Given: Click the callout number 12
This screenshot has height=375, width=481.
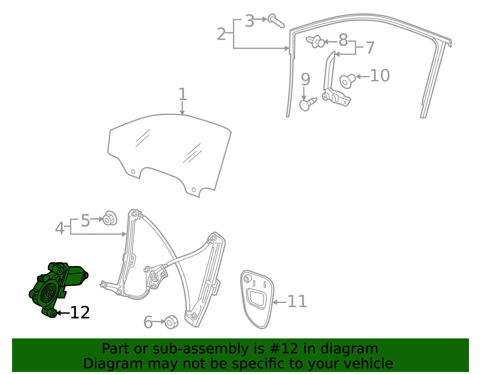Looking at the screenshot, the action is point(80,313).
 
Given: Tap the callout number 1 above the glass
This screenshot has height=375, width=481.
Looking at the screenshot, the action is point(182,94).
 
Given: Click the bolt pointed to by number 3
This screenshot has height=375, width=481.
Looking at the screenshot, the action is point(276,21).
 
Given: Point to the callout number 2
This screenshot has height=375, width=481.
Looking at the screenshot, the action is point(221,34).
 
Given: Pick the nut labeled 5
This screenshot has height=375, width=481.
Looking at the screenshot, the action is point(109,218).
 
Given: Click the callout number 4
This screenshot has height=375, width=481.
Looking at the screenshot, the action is point(60,228).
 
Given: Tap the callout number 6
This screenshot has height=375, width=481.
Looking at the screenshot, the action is point(148,322).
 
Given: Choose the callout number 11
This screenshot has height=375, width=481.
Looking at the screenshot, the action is point(297,301).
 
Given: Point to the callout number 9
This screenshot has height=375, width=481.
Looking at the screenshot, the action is point(305,79).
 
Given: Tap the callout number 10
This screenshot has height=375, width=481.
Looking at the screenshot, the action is point(380,76).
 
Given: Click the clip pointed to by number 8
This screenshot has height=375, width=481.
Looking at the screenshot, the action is point(315,41).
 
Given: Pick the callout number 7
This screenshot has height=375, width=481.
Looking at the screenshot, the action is point(370,48).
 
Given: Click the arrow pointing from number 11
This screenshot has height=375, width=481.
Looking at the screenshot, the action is point(280,302).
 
